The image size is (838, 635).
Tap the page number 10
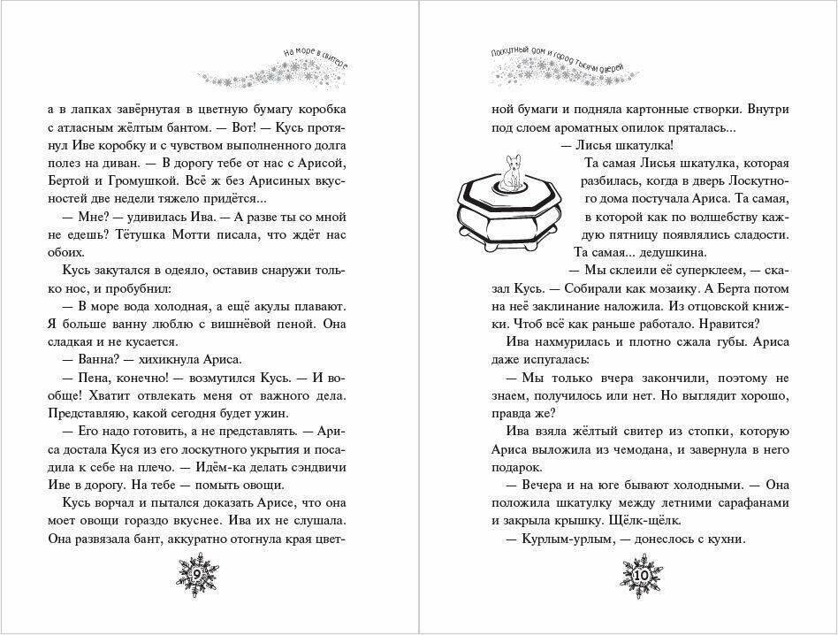pos(642,575)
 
